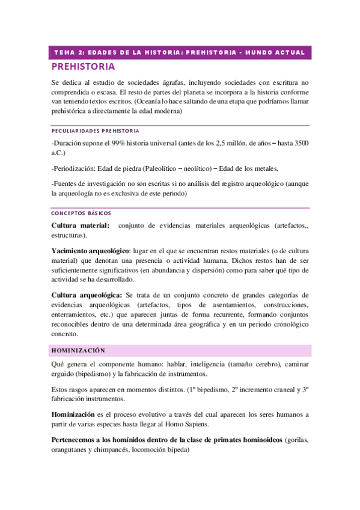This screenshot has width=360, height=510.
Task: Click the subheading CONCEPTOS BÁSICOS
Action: point(81,214)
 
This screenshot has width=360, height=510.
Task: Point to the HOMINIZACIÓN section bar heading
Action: point(79,350)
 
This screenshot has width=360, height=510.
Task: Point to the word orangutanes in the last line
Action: point(72,448)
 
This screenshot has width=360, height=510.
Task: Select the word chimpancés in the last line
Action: point(124,448)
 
